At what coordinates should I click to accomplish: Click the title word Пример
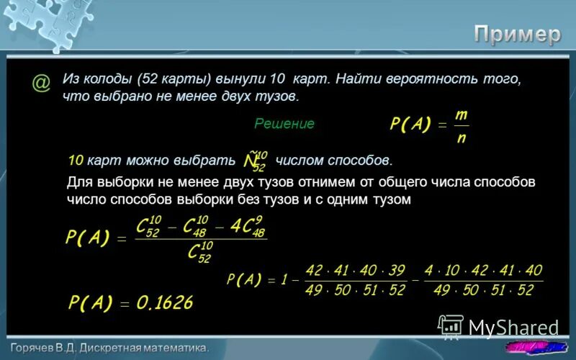tap(516, 34)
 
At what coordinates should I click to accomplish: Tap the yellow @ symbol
tap(41, 84)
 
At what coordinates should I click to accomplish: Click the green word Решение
tap(284, 124)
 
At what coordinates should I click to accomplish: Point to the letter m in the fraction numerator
tap(461, 115)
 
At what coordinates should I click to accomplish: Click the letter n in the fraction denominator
tap(461, 138)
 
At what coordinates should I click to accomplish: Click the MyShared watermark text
tap(513, 328)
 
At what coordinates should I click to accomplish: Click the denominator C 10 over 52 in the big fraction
tap(199, 253)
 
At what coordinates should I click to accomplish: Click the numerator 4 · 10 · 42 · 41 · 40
tap(483, 271)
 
